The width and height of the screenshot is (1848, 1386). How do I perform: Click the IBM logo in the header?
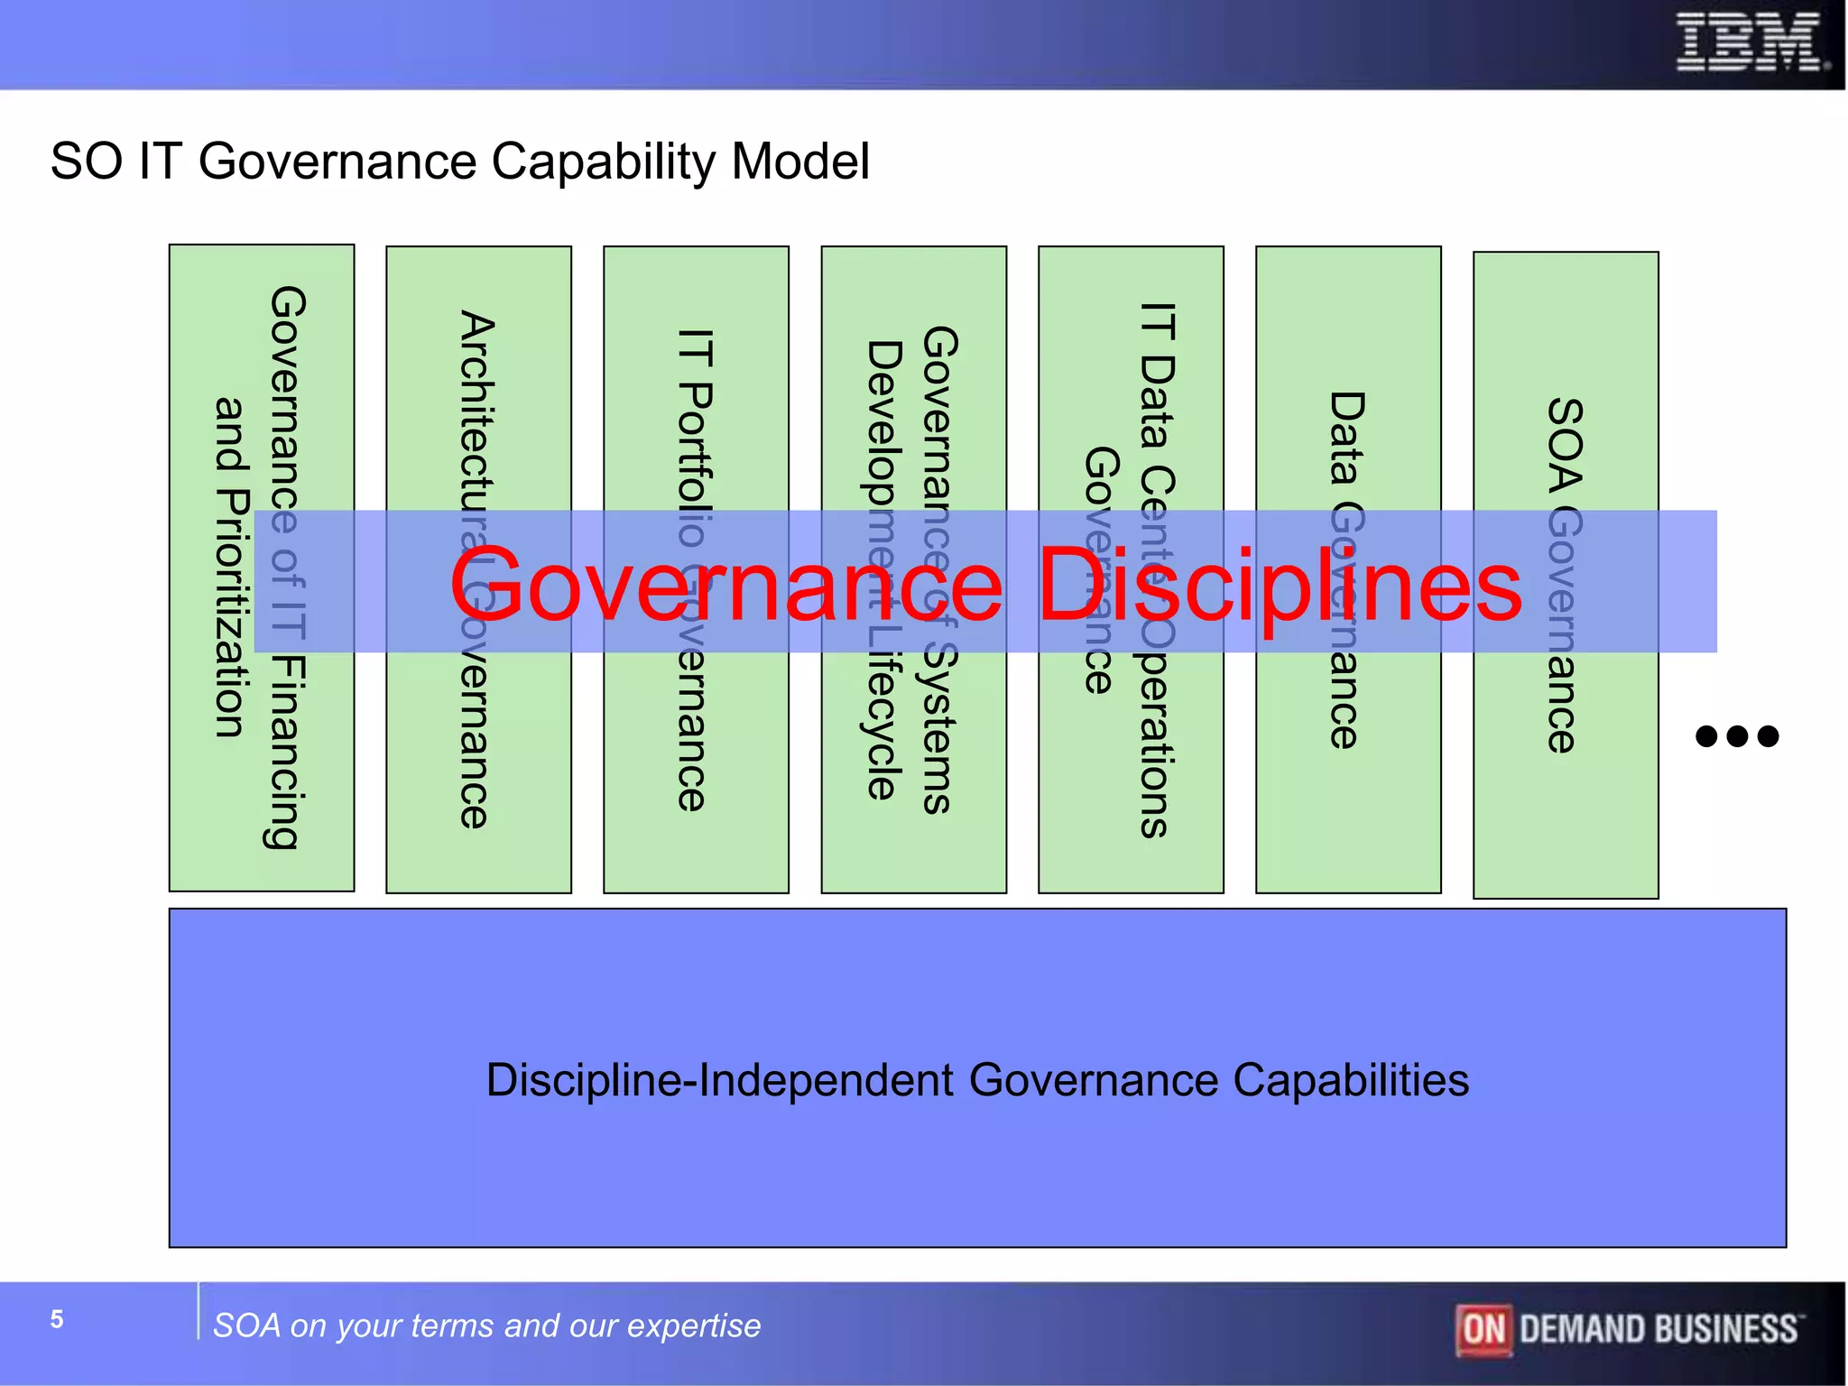[x=1751, y=42]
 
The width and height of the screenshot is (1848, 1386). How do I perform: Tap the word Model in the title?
[x=799, y=162]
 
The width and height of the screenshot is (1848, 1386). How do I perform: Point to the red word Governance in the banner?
[x=726, y=587]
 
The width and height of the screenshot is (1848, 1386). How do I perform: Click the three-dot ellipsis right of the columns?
[x=1737, y=736]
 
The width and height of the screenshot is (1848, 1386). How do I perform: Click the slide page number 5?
[x=57, y=1319]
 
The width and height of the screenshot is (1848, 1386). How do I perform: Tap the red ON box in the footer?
[x=1483, y=1329]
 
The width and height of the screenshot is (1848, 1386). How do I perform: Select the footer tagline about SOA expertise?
[x=486, y=1326]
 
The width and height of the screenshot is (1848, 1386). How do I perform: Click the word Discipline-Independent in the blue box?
[x=719, y=1080]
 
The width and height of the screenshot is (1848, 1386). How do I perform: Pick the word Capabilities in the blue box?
[x=1351, y=1080]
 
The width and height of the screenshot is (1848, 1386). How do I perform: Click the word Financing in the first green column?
[x=288, y=753]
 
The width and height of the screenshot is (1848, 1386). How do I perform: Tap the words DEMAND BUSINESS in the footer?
[x=1658, y=1329]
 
